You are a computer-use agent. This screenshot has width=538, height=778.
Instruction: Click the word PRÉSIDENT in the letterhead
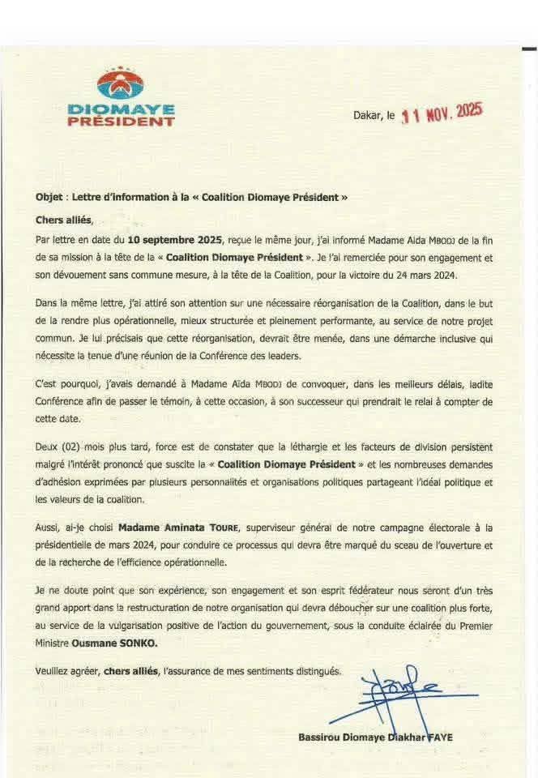tap(120, 122)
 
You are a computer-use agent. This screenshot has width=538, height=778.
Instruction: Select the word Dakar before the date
tap(367, 117)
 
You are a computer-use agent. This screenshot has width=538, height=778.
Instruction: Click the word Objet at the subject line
tap(49, 198)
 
